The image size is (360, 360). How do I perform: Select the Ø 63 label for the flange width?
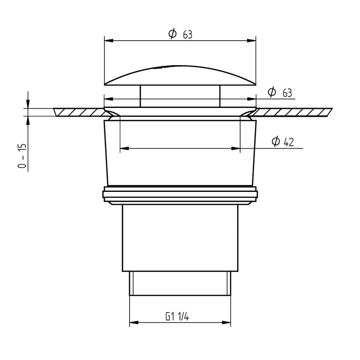(x=280, y=92)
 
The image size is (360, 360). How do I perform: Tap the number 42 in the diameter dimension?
(x=289, y=142)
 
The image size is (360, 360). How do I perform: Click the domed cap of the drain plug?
(x=180, y=76)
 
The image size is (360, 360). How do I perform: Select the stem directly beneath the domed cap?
(x=180, y=96)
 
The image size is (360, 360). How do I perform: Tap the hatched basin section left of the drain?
(x=80, y=112)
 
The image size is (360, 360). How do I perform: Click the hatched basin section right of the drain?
(x=292, y=112)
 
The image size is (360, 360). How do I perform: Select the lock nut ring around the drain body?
(x=180, y=195)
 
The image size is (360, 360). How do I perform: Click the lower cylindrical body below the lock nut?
(x=180, y=237)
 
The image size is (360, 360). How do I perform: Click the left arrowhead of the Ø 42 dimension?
(x=124, y=149)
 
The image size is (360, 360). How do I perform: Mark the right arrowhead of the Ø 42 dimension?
(x=236, y=149)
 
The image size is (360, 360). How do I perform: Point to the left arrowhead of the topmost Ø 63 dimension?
(x=108, y=41)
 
